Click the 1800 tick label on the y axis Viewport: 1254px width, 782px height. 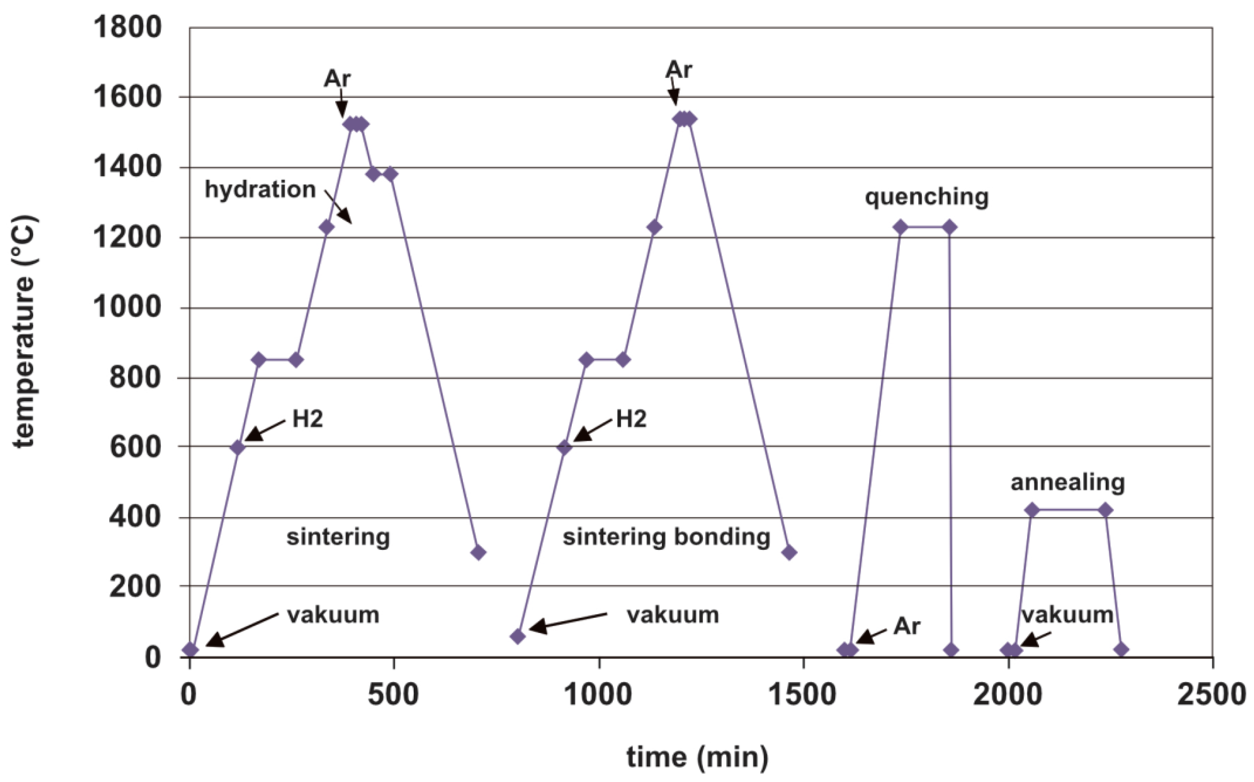pos(127,27)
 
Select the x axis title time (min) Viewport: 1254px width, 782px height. pos(697,757)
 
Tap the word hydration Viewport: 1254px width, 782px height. pos(260,189)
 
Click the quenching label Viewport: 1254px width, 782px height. pos(926,197)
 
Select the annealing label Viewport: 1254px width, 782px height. pos(1067,482)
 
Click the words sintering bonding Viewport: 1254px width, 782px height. pos(666,536)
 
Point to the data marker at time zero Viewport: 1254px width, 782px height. pos(190,650)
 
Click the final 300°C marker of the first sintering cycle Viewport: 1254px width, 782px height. pos(478,552)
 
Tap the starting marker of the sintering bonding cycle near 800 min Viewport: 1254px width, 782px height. pos(518,636)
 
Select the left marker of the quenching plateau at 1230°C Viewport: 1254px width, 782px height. pos(900,227)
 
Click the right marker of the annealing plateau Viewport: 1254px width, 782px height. pos(1105,510)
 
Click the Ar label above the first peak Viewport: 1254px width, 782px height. pos(337,78)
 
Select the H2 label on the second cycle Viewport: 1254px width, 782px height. pos(631,418)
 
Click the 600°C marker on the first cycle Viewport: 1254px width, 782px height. pos(237,447)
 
